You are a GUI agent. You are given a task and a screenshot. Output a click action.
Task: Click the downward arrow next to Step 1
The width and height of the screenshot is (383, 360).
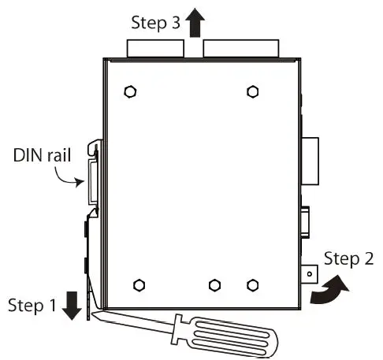[x=72, y=305]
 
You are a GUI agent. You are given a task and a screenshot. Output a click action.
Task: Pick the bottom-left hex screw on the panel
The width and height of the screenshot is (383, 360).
[x=139, y=284]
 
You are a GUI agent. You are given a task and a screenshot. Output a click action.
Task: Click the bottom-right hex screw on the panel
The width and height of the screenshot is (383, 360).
[x=251, y=284]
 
